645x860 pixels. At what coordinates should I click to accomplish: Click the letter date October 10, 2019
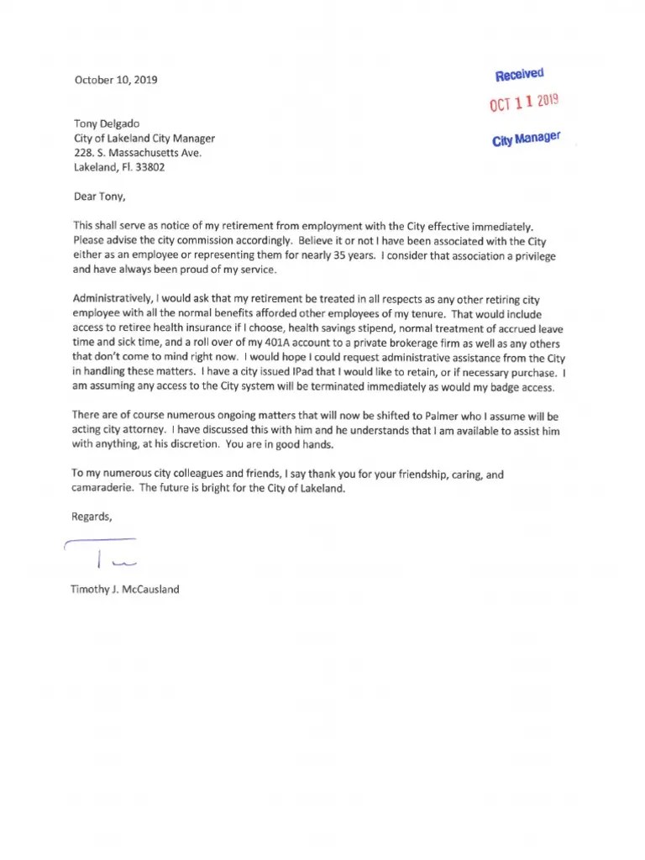tap(115, 80)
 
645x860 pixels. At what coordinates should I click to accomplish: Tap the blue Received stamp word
tap(520, 76)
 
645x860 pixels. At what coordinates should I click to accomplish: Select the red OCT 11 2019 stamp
tap(524, 104)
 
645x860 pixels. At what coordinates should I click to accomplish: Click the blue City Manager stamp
tap(527, 139)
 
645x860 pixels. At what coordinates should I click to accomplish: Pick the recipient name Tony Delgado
tap(107, 123)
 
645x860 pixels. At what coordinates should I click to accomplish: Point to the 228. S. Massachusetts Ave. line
tap(138, 153)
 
